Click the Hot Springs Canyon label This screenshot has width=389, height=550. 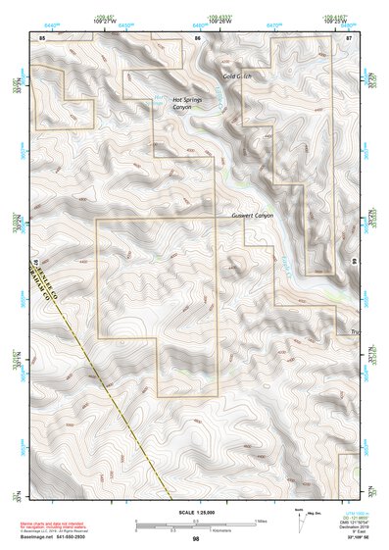point(189,103)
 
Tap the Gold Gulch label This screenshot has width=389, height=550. point(237,76)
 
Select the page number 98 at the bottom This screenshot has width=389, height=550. point(196,539)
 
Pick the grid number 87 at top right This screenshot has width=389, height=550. point(349,37)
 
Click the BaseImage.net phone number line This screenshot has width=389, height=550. point(54,537)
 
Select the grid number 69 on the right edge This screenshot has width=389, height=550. point(353,263)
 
